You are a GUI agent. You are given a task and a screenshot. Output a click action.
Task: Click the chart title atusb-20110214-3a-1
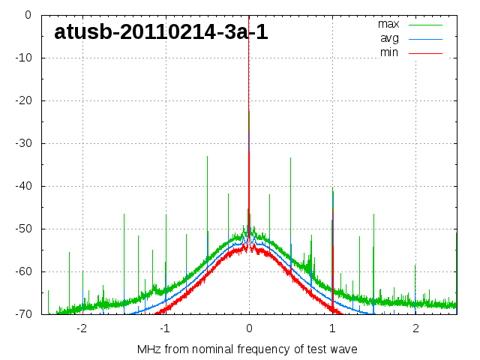tap(160, 32)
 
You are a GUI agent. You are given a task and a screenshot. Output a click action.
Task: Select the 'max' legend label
tap(388, 24)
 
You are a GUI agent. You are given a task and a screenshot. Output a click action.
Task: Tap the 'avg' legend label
tap(389, 38)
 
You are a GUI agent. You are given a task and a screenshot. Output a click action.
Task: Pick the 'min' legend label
tap(389, 52)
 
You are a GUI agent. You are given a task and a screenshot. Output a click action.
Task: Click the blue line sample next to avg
tap(425, 38)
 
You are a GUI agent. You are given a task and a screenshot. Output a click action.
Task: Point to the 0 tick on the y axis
tap(27, 15)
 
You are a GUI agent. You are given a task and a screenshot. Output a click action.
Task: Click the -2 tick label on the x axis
tap(81, 328)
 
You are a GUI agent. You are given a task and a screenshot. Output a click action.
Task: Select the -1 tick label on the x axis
tap(164, 328)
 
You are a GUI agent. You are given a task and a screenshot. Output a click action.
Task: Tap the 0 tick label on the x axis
tap(249, 328)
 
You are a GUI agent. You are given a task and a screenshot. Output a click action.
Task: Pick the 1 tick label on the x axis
tap(332, 328)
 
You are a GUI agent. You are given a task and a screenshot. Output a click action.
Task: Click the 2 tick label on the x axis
tap(415, 328)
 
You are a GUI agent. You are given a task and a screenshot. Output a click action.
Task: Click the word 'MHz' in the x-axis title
tap(149, 349)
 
